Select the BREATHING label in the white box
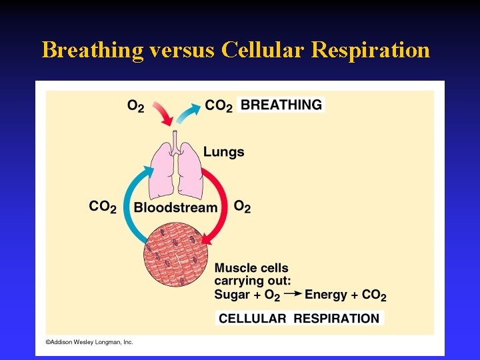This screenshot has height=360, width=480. click(x=281, y=105)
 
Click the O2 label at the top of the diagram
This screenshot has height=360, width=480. click(x=135, y=106)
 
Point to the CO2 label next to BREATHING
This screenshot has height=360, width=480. click(x=219, y=105)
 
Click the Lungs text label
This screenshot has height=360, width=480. click(x=224, y=152)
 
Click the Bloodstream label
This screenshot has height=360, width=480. click(x=175, y=207)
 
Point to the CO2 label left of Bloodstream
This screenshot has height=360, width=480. click(x=103, y=207)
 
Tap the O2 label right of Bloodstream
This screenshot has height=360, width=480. click(x=243, y=207)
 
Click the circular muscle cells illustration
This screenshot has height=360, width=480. click(x=175, y=257)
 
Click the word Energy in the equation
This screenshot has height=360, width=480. click(x=326, y=294)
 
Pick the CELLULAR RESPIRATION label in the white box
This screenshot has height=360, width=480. click(x=299, y=318)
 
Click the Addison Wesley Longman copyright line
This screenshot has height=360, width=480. click(x=89, y=342)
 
